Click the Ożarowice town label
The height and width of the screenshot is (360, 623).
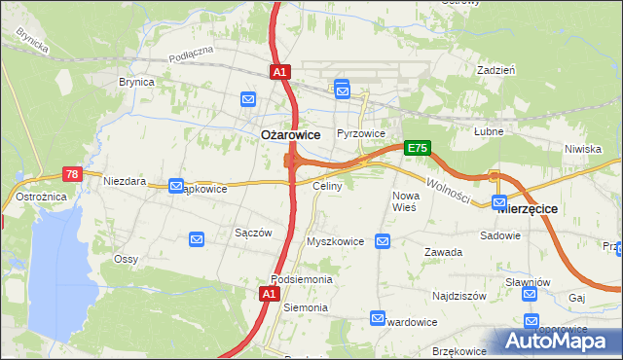(x=292, y=135)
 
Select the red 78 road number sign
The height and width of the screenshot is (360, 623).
(x=72, y=174)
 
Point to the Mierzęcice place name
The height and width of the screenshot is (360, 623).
(x=527, y=206)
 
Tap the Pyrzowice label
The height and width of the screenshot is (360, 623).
(x=361, y=133)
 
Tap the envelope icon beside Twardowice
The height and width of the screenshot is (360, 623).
(x=378, y=317)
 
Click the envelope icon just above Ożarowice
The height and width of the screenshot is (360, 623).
(x=248, y=99)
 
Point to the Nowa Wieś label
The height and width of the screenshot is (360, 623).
(x=405, y=201)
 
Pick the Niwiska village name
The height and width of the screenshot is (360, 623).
(x=583, y=149)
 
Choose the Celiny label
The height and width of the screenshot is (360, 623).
(x=326, y=185)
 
